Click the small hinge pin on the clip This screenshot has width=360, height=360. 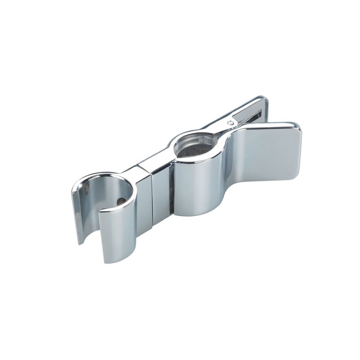(230, 122)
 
